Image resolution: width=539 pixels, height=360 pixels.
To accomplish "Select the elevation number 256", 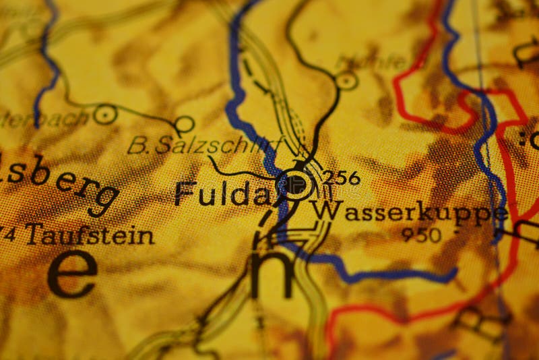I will (341, 179).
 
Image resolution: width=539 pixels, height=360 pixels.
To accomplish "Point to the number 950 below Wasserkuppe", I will (421, 235).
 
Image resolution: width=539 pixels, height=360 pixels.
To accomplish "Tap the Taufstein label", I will (88, 236).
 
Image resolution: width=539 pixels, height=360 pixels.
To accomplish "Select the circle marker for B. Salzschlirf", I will (184, 124).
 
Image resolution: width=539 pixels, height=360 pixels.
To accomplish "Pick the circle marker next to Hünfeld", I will (346, 81).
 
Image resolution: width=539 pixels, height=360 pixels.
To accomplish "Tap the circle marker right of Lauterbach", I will (105, 115).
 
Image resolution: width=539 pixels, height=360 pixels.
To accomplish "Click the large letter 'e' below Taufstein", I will (72, 273).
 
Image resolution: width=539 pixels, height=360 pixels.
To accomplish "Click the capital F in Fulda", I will (185, 193).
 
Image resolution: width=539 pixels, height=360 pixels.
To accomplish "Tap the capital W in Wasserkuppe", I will (327, 210).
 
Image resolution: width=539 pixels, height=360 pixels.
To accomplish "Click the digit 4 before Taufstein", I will (9, 236).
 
